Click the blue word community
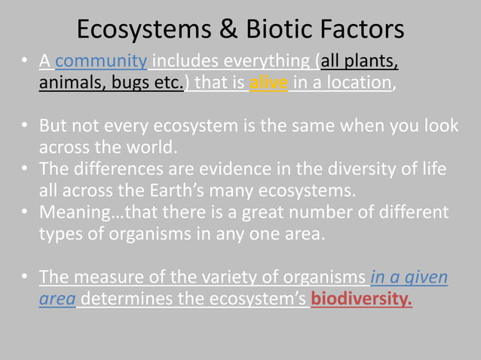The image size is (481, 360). (101, 61)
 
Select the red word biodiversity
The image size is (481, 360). (362, 300)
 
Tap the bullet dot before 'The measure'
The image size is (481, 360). (26, 278)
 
